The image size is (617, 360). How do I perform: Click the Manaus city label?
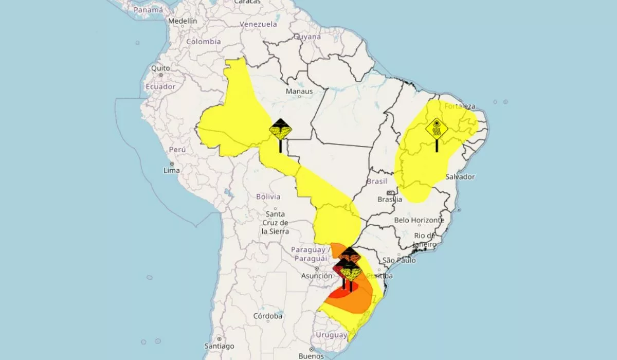299,92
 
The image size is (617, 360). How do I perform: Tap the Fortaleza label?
460,106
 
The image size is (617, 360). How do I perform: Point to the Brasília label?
389,199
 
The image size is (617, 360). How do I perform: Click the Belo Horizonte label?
419,220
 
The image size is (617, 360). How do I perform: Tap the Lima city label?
171,170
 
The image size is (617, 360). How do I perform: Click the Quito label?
160,68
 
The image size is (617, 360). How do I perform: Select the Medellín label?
183,21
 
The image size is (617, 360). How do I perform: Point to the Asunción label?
317,276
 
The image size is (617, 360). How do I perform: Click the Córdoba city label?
268,316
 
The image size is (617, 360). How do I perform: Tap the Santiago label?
219,346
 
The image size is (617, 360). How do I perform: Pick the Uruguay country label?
332,335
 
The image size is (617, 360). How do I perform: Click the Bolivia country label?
268,196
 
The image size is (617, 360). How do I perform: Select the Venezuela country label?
258,24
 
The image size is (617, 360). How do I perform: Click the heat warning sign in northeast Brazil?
437,130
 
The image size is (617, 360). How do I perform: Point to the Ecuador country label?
160,86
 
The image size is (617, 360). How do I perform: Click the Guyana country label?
307,37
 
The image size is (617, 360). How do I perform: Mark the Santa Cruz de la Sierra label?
275,223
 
